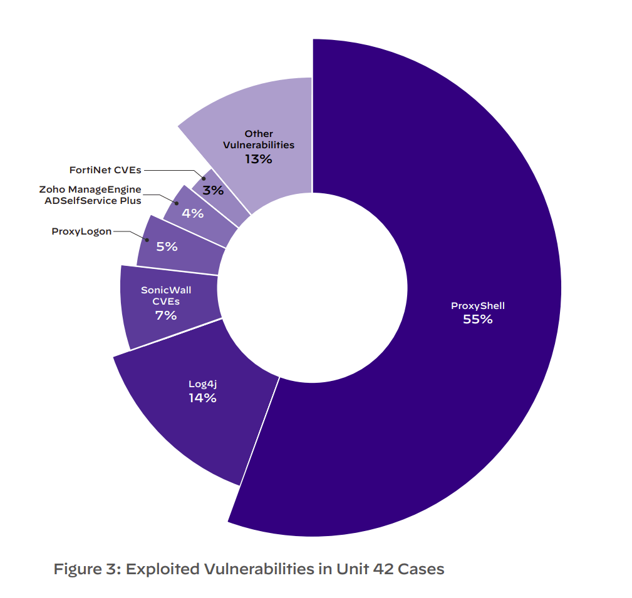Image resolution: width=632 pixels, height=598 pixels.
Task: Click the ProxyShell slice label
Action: (477, 306)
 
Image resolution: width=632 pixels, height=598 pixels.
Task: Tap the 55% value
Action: (477, 320)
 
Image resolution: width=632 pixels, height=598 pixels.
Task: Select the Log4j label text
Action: (202, 384)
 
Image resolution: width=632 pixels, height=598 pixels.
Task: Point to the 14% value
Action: (202, 398)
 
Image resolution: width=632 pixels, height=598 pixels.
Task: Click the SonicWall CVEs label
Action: (166, 296)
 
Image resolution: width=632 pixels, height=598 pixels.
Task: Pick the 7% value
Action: (166, 315)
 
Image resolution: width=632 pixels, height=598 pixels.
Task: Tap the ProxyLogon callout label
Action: (81, 231)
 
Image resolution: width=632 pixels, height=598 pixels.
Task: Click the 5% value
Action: (167, 246)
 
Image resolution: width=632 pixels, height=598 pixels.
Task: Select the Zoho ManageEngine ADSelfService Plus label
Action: (90, 195)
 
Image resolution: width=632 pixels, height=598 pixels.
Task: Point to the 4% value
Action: (192, 213)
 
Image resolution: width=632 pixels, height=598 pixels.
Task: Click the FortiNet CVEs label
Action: (105, 170)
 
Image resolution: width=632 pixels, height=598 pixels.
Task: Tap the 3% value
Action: (213, 190)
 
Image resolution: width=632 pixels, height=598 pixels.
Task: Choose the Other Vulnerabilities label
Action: (259, 139)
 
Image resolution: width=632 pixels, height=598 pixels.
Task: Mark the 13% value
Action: (259, 159)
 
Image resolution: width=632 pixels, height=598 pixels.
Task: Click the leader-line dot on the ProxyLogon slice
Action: (146, 240)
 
